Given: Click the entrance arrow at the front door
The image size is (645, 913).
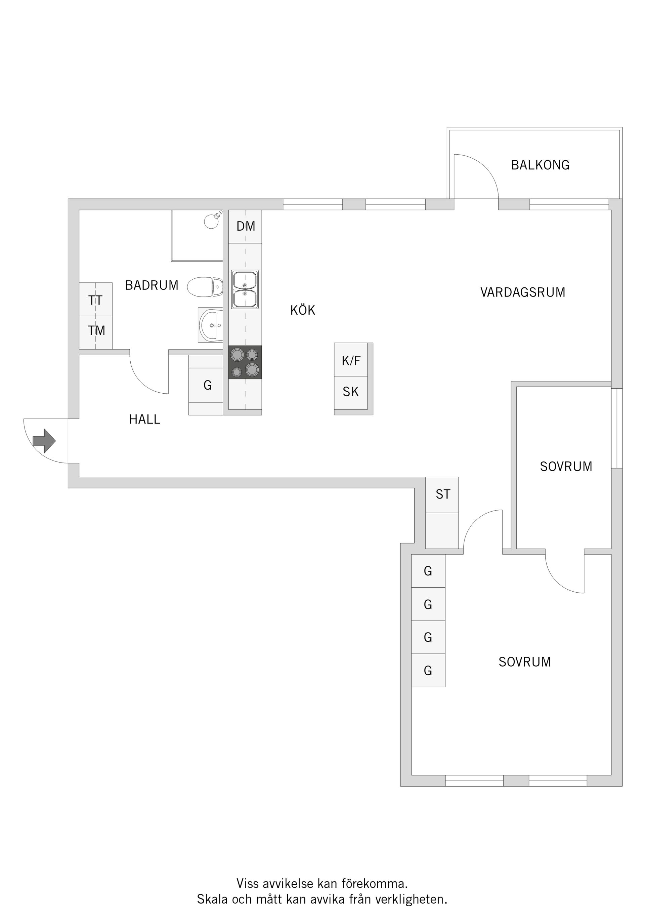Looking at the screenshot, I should (x=44, y=441).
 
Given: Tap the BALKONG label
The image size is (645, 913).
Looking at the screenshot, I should (x=540, y=165).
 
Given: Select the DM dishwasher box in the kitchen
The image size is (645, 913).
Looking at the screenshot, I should (x=245, y=226).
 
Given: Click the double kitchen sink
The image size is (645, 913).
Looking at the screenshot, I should (x=245, y=289).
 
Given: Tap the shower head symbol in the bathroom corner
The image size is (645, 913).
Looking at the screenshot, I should (x=212, y=221).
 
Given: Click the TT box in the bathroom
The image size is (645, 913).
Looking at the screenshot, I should (x=95, y=300).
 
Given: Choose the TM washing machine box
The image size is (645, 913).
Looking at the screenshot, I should (x=96, y=330).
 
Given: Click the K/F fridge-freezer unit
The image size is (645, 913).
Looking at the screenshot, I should (x=351, y=360).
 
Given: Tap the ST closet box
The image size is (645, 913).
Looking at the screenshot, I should (x=442, y=494).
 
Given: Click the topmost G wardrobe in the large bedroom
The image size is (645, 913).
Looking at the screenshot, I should (x=428, y=571).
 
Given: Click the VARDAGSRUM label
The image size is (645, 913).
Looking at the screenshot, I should (x=522, y=292).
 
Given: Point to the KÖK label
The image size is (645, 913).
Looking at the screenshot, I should (x=302, y=310).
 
